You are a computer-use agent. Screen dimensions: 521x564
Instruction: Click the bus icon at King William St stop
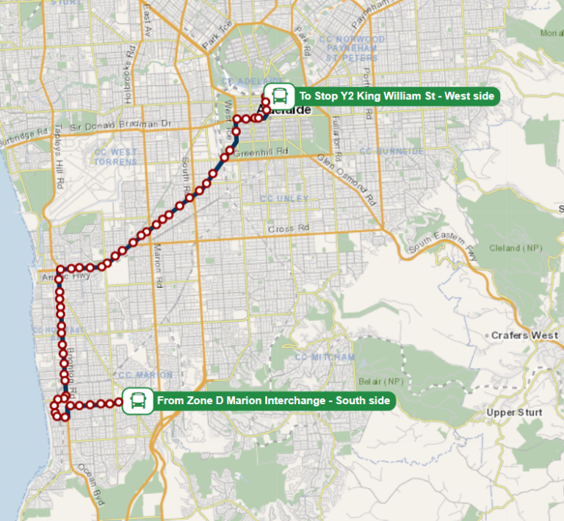click(x=279, y=96)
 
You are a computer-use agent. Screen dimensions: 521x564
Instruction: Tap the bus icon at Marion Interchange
click(x=137, y=401)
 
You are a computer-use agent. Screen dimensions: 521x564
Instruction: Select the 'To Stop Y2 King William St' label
click(x=397, y=96)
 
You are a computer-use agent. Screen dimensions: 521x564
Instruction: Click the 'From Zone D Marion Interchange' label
click(x=273, y=401)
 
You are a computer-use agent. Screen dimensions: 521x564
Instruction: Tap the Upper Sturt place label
click(x=514, y=412)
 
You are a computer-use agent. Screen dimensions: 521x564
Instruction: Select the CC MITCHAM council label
click(x=325, y=357)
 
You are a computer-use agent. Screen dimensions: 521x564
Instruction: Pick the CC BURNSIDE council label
click(x=391, y=151)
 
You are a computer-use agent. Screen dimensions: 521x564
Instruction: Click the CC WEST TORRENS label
click(x=115, y=157)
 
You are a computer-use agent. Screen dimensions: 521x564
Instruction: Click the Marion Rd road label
click(x=156, y=267)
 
